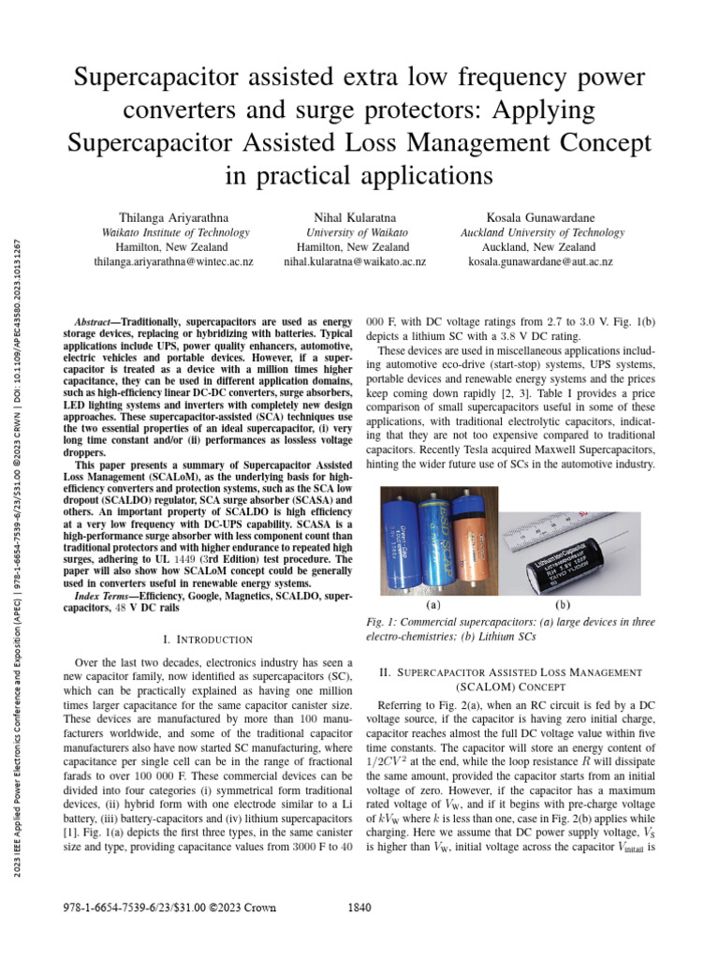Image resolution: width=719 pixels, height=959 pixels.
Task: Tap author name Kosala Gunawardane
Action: (x=540, y=217)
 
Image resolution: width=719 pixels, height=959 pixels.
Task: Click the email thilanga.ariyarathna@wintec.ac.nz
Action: (x=174, y=262)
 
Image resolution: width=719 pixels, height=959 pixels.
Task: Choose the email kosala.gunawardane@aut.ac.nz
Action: (x=540, y=262)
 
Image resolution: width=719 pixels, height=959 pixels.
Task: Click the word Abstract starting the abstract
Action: (x=97, y=320)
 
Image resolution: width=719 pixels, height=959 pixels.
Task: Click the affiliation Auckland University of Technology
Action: (x=540, y=232)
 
